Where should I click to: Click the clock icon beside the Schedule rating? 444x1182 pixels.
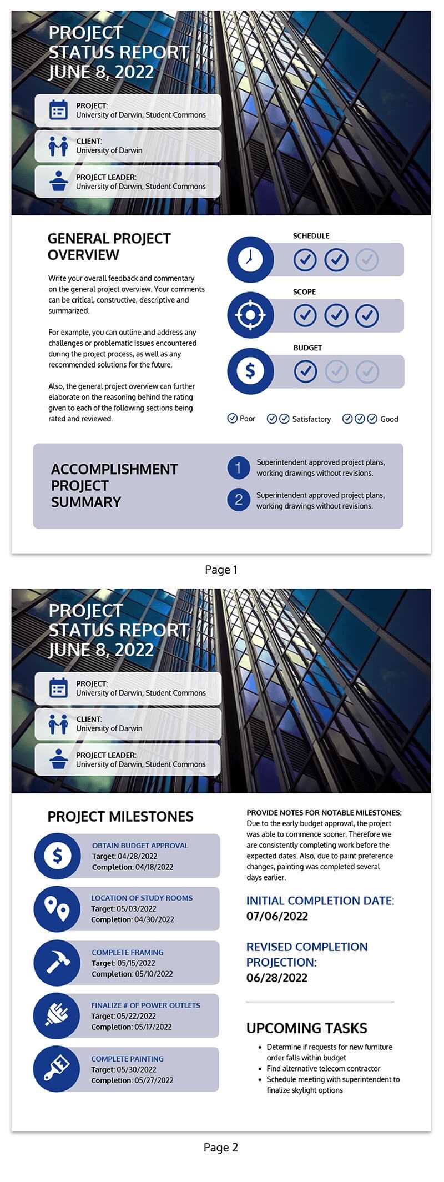[x=250, y=259]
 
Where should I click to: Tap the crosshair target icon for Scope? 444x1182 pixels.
[x=250, y=315]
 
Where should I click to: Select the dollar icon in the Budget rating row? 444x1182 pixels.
[x=250, y=371]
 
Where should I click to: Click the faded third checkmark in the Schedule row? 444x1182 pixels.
[x=367, y=259]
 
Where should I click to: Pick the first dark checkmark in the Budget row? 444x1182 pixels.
[x=305, y=371]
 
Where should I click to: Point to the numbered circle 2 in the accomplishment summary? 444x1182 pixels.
[x=239, y=500]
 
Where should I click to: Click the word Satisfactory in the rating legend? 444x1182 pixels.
[x=311, y=419]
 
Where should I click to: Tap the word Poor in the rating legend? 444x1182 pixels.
[x=248, y=419]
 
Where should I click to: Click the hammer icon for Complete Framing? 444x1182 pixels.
[x=57, y=963]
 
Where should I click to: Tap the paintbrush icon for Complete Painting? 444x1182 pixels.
[x=57, y=1069]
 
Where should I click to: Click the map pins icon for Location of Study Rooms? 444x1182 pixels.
[x=57, y=909]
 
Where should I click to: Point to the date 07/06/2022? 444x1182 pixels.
[x=277, y=916]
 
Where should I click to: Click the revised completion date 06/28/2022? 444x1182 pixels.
[x=277, y=978]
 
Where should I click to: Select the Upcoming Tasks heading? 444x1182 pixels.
[x=306, y=1028]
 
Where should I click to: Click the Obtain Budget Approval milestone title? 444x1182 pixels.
[x=140, y=846]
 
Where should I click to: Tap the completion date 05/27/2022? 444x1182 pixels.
[x=154, y=1080]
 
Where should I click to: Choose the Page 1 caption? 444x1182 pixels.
[x=221, y=570]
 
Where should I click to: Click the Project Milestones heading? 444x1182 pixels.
[x=120, y=817]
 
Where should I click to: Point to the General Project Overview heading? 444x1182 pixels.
[x=109, y=247]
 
